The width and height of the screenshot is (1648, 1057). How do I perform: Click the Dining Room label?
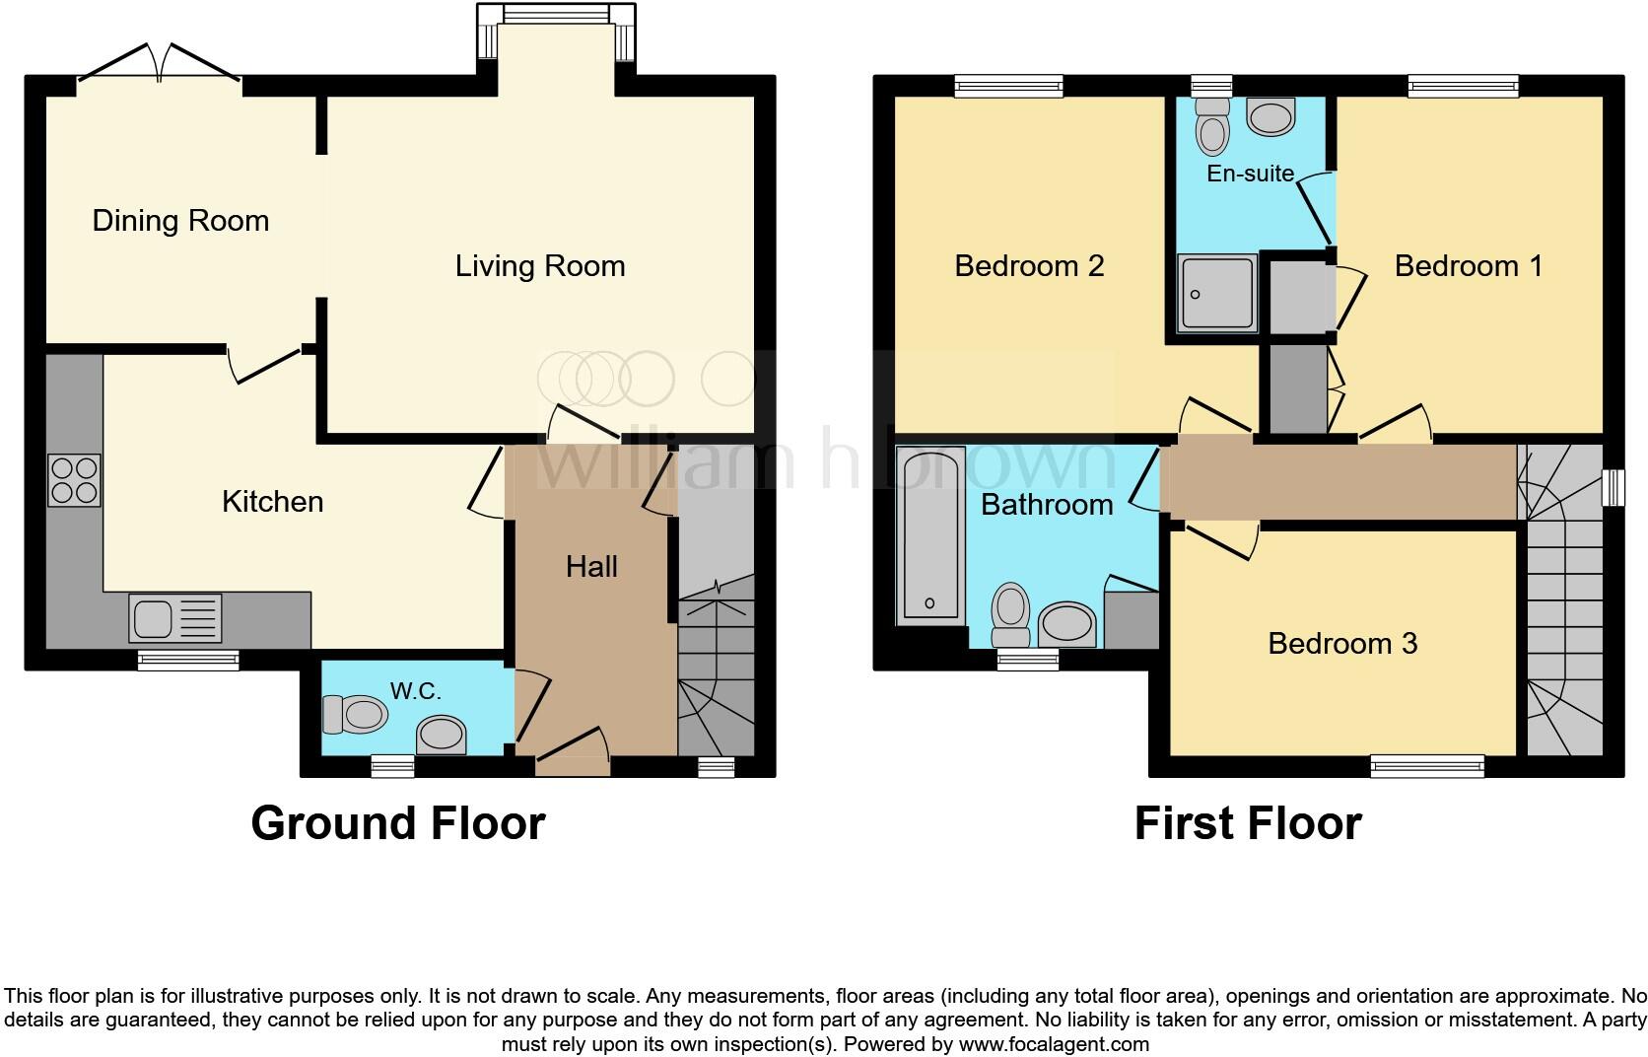(x=180, y=220)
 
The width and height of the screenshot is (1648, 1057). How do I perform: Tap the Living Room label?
(x=540, y=265)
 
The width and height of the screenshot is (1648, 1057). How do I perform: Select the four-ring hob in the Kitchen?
(x=74, y=480)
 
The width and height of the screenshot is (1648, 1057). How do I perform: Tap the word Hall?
(x=591, y=566)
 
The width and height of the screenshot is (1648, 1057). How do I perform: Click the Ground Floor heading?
(x=397, y=823)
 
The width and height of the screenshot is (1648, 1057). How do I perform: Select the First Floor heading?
(x=1248, y=823)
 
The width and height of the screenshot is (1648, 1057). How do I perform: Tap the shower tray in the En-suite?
(x=1217, y=293)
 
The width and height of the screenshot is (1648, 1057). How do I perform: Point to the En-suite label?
(x=1250, y=174)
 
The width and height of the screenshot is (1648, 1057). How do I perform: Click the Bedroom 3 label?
(x=1342, y=644)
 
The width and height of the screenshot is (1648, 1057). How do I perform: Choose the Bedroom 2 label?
(x=1029, y=265)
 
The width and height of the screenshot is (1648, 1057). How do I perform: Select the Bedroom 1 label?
(x=1468, y=265)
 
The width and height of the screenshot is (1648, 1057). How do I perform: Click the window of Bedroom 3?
(x=1427, y=764)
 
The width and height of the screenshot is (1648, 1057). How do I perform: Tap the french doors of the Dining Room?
(x=160, y=64)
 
